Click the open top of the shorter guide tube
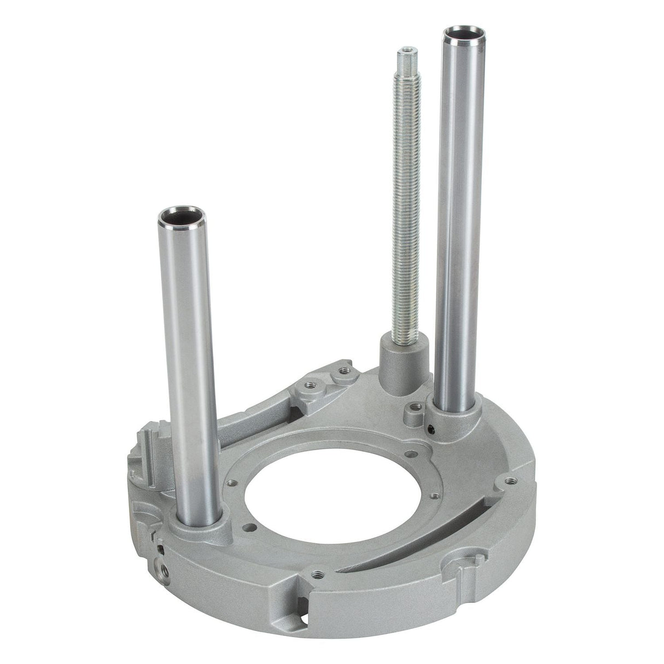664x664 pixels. [x=179, y=215]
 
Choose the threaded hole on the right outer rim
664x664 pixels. [x=510, y=481]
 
